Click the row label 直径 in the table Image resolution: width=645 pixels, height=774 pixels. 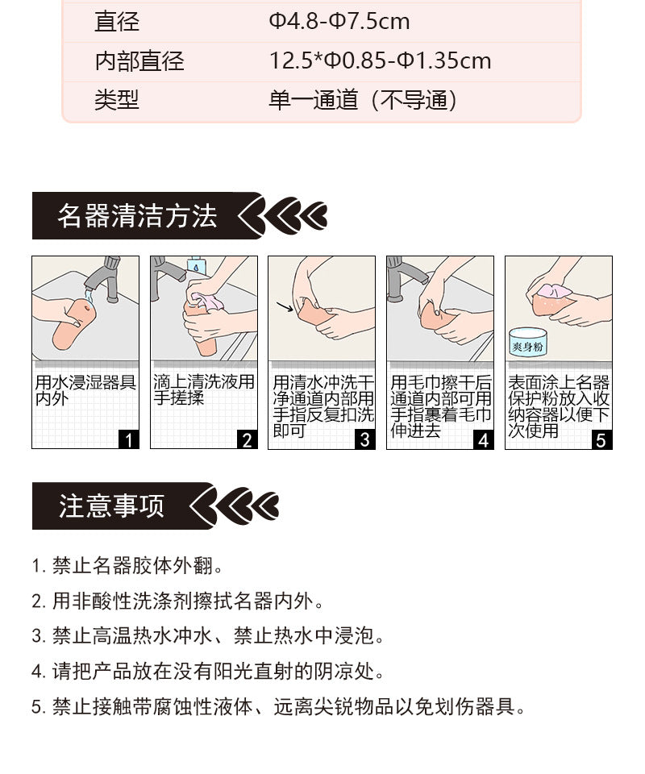point(117,22)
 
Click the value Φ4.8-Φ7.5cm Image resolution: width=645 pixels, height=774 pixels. point(339,22)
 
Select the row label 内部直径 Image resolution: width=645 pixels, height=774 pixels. point(139,61)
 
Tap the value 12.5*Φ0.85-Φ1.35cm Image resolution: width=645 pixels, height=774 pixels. point(380,61)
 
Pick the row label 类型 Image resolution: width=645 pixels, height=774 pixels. point(117,101)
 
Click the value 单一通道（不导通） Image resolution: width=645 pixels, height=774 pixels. point(364,101)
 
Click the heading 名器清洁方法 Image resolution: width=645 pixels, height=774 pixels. point(138,216)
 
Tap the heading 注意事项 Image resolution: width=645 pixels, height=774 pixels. point(111,506)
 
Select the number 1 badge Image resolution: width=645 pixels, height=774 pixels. point(129,439)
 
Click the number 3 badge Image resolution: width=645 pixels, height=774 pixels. point(365,439)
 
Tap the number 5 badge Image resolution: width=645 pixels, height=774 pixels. point(601,439)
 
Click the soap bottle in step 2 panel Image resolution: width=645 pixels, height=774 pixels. point(195,267)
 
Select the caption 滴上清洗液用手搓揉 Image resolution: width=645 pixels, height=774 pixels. point(203,389)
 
